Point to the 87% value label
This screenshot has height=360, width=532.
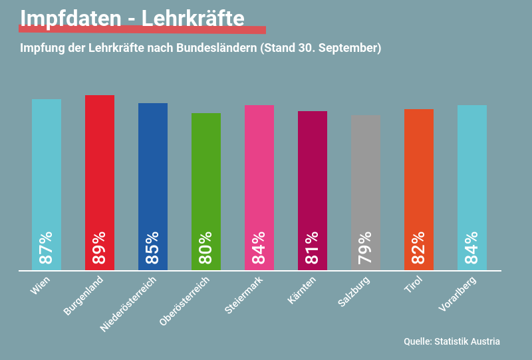[47, 248]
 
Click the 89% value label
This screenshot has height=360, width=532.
[100, 248]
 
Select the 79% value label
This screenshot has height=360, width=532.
[366, 248]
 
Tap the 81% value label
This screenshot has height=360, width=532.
[313, 248]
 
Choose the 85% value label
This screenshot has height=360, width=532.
[153, 248]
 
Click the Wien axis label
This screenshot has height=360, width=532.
[41, 285]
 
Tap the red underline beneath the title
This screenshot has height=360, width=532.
[142, 30]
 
